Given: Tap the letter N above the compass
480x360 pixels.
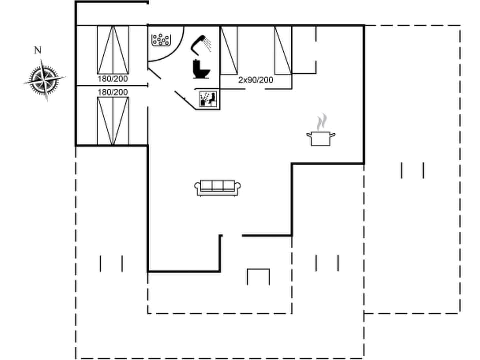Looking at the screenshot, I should pos(37,50).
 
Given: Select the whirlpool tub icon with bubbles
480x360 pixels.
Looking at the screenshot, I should pos(161,39).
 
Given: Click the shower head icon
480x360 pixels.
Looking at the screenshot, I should pos(202,43).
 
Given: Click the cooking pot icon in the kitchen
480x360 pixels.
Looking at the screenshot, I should pos(320,137).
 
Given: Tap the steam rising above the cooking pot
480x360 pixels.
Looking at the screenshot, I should pos(322,121).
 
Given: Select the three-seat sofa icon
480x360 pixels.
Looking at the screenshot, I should pos(217,187).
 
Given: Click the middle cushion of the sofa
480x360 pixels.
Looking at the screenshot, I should pos(217,186).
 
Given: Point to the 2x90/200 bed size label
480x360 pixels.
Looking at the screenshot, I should pos(256,80).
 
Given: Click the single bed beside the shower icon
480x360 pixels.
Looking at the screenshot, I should pos(229,50).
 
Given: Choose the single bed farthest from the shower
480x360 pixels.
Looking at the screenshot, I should pos(283,50).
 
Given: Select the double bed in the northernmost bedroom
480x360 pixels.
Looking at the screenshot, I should pos(113,50).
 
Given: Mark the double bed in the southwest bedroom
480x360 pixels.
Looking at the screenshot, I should pos(113,121).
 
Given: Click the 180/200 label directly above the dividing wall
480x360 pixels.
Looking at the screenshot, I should pos(112,79).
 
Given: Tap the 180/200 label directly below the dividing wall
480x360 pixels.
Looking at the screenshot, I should pos(112,92).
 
